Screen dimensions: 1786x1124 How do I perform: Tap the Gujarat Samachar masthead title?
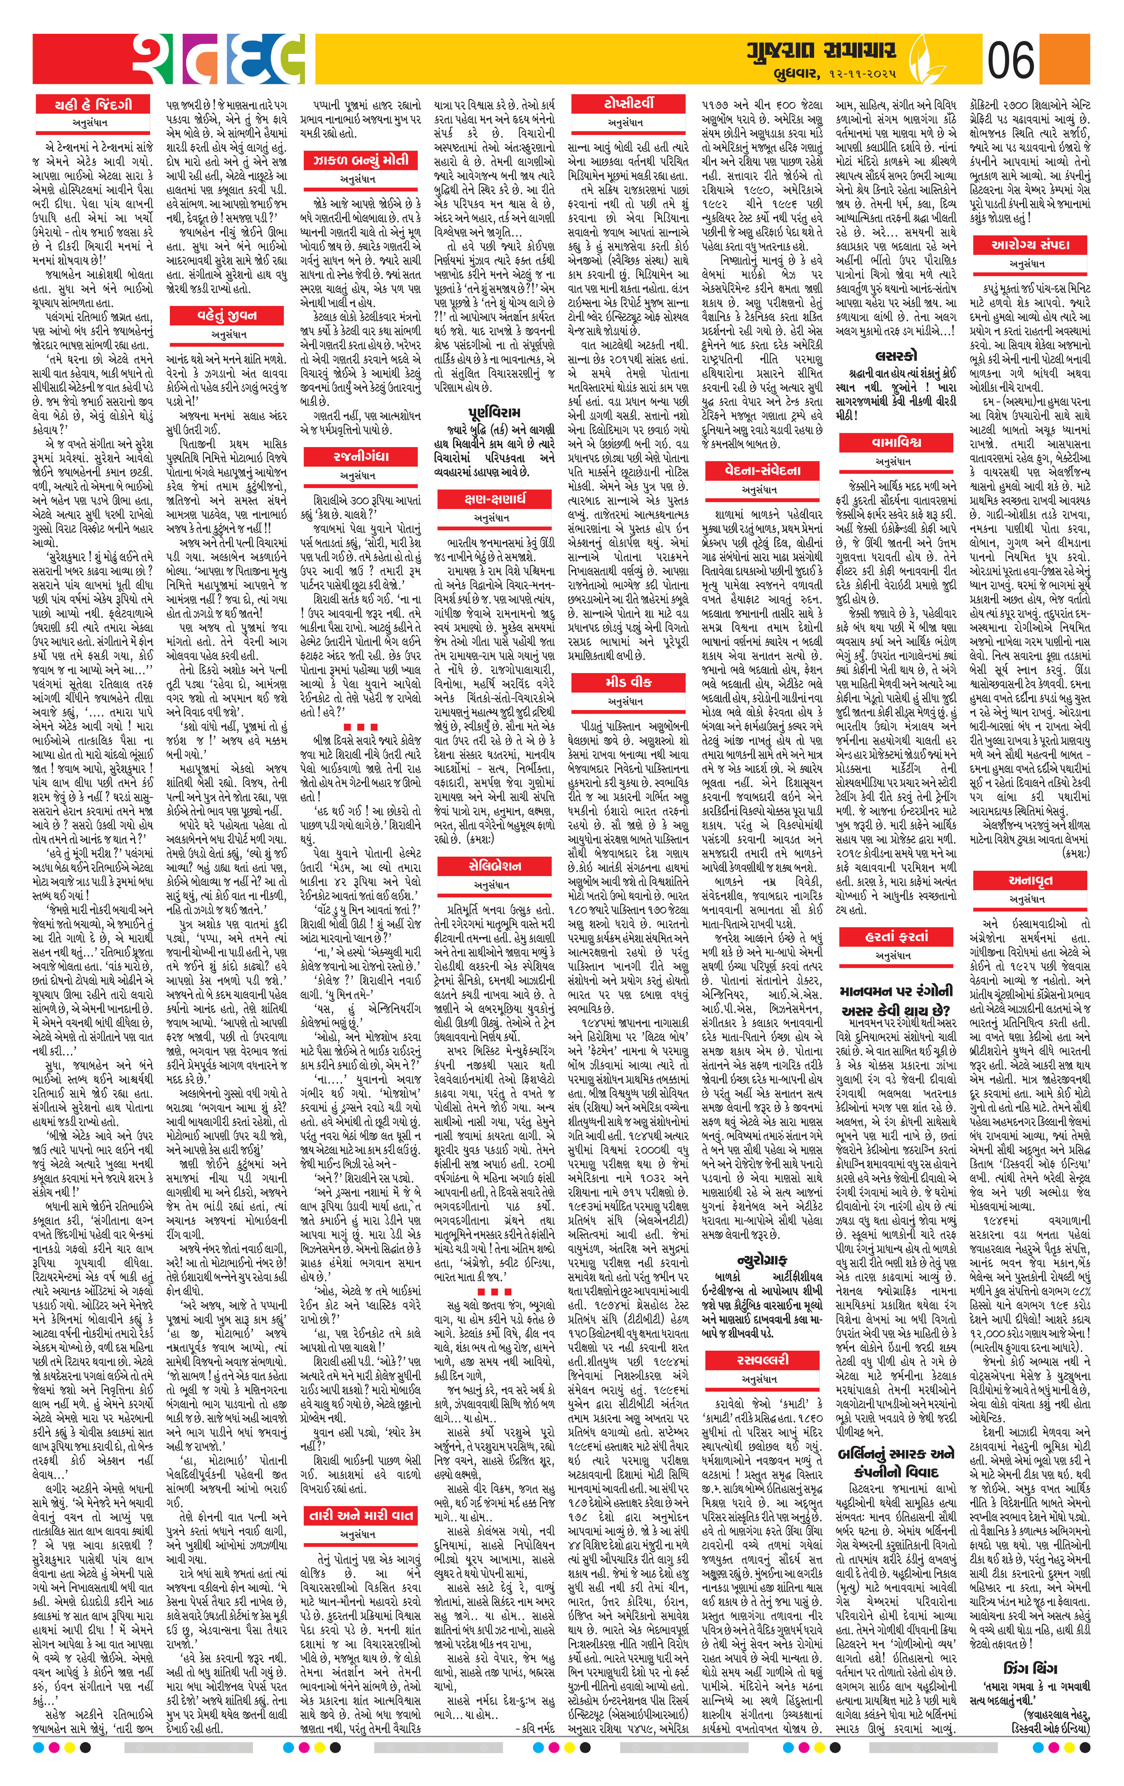(821, 51)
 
